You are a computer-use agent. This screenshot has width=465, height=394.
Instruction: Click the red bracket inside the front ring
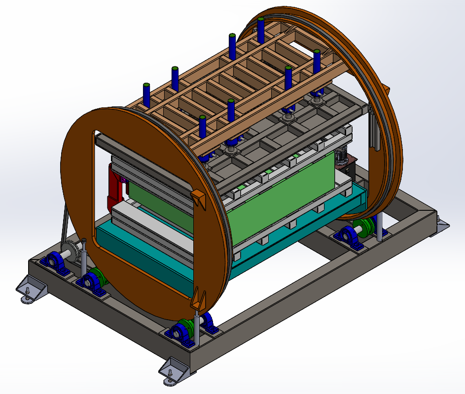(114, 190)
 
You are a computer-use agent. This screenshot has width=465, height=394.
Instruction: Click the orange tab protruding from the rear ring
(386, 90)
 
